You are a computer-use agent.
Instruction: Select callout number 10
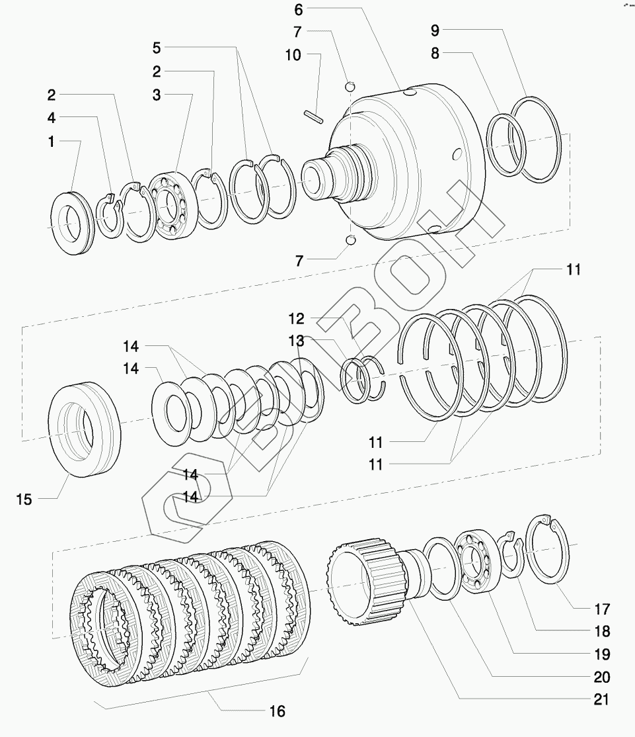tap(293, 55)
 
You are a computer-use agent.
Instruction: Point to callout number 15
tap(24, 499)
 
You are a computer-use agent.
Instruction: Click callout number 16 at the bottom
tap(278, 711)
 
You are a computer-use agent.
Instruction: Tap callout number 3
tap(157, 95)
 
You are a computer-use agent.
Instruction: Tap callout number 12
tap(296, 319)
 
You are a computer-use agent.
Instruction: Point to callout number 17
tap(601, 608)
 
